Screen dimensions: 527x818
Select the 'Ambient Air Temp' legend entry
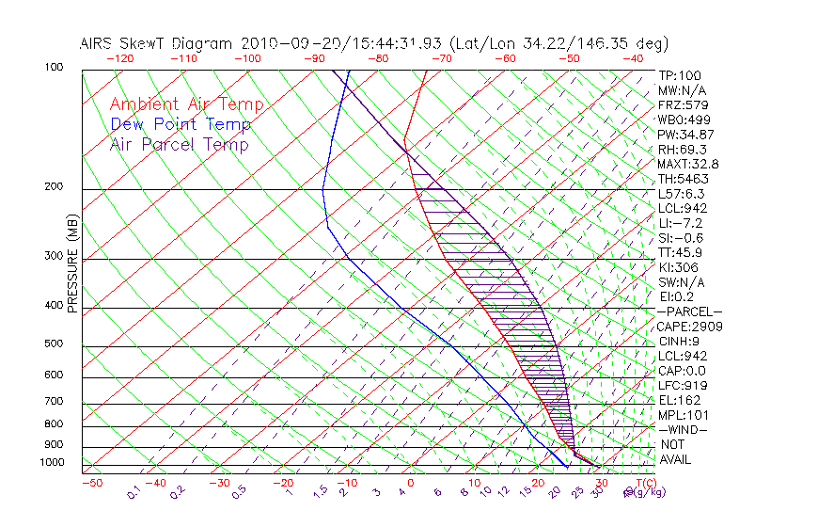click(186, 104)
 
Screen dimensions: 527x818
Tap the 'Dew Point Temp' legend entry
click(181, 124)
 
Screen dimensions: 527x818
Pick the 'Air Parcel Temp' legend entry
click(179, 144)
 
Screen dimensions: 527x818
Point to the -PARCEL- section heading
click(689, 311)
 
